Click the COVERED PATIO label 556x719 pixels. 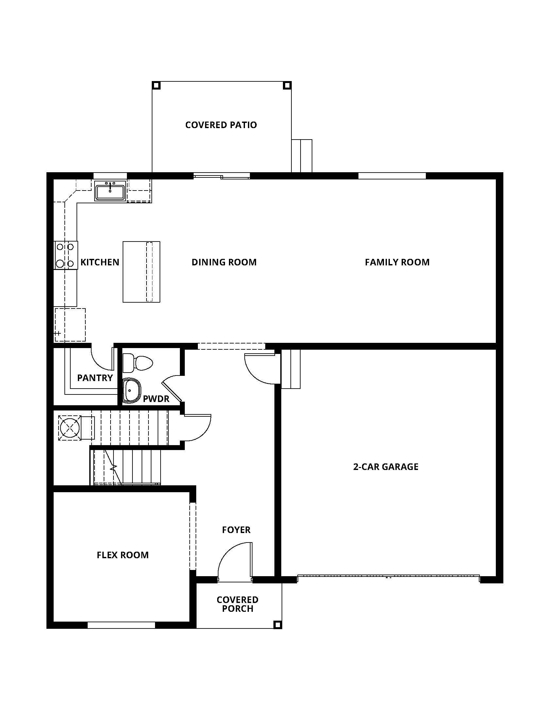[221, 125]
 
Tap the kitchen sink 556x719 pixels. [110, 191]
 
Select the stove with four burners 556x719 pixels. [65, 255]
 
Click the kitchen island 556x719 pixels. [141, 272]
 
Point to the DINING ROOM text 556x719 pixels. [224, 262]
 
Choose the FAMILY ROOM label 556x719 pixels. [397, 262]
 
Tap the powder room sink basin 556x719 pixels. [131, 391]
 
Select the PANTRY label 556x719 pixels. [95, 378]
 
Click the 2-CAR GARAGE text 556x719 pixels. [385, 467]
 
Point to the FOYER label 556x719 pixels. [236, 530]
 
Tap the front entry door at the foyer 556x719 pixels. [235, 562]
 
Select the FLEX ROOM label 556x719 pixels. [123, 555]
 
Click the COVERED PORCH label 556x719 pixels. [237, 604]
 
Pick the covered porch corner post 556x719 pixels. [277, 625]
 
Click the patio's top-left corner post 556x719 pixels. [156, 86]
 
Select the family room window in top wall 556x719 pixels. [391, 176]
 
